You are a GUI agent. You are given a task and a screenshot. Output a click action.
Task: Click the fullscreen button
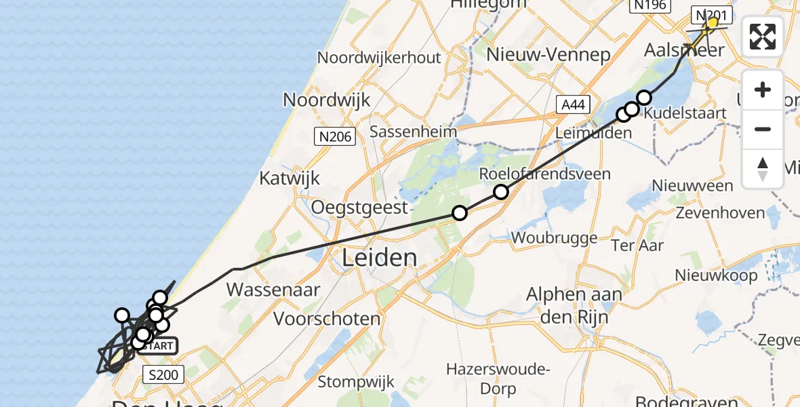point(763,37)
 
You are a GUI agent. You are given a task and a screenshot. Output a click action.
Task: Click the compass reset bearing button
point(763,169)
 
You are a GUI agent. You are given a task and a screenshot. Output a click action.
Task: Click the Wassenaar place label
point(273,290)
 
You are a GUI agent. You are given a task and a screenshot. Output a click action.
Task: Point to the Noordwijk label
point(327,100)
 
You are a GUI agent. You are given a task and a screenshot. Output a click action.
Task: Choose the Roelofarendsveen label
point(544,174)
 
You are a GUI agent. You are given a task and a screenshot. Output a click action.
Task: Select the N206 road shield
point(335,138)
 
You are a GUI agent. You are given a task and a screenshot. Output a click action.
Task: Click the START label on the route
point(159,346)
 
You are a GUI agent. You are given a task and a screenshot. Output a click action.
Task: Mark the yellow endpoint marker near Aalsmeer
point(712,23)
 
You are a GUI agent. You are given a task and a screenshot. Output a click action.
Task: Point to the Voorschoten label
point(327,318)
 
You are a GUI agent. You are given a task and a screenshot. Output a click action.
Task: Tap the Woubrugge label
point(555,238)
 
